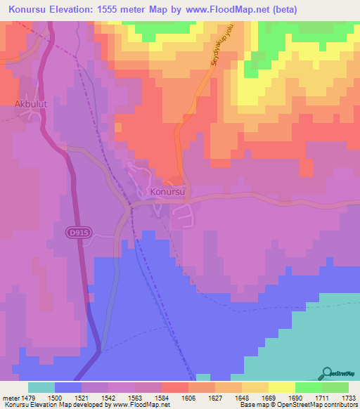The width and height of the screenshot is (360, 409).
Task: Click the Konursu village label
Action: pyautogui.click(x=167, y=191)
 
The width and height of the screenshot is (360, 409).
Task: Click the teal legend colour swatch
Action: pyautogui.click(x=41, y=387)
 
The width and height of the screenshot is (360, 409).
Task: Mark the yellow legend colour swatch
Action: pyautogui.click(x=281, y=387)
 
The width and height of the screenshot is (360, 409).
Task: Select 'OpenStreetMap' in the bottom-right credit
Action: pyautogui.click(x=300, y=405)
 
